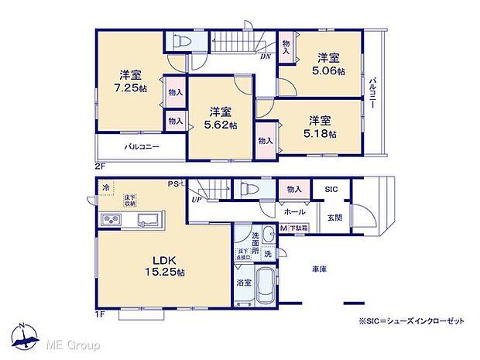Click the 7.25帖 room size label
tap(129, 88)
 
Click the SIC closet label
tap(331, 189)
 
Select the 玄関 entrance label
tap(334, 217)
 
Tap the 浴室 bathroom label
tap(243, 283)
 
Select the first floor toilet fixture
tap(249, 188)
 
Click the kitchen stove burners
tap(110, 221)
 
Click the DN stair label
tap(265, 57)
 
